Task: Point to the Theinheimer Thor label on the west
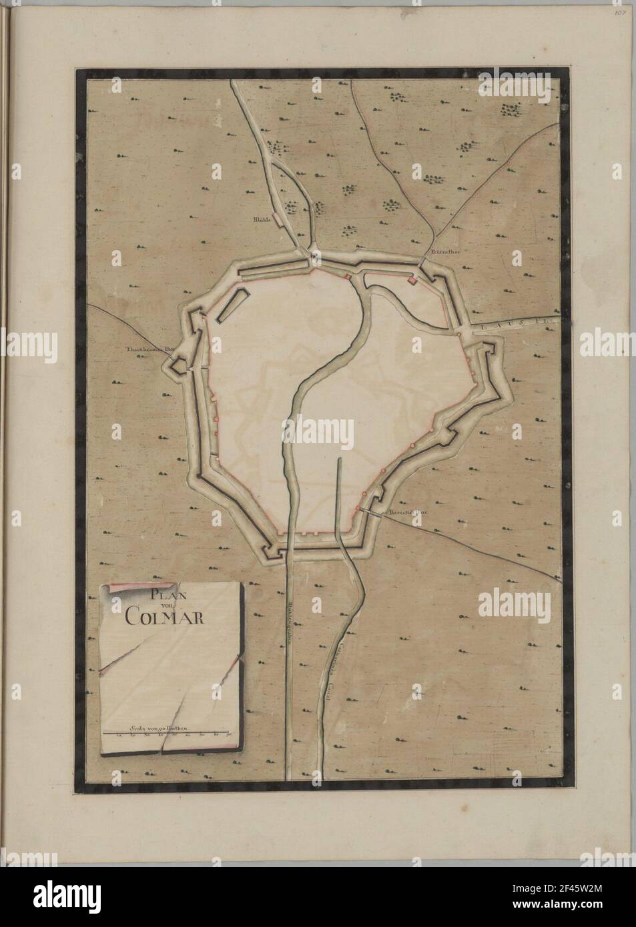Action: tap(143, 349)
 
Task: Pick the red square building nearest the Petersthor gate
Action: tap(412, 282)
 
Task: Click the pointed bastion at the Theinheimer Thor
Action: tap(179, 365)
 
